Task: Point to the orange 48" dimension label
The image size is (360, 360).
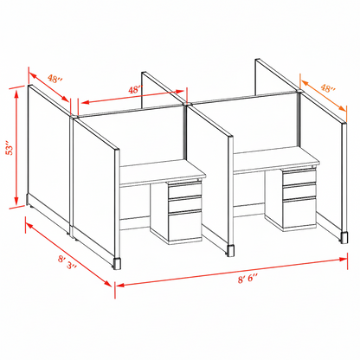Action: pos(327,87)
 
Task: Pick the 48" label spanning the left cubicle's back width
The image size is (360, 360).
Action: pos(134,89)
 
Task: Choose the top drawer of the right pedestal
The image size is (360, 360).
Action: pos(296,177)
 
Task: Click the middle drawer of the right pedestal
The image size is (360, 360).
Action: pos(296,190)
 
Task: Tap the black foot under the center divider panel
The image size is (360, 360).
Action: pos(231,251)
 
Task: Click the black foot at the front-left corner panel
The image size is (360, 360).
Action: pos(117,260)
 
